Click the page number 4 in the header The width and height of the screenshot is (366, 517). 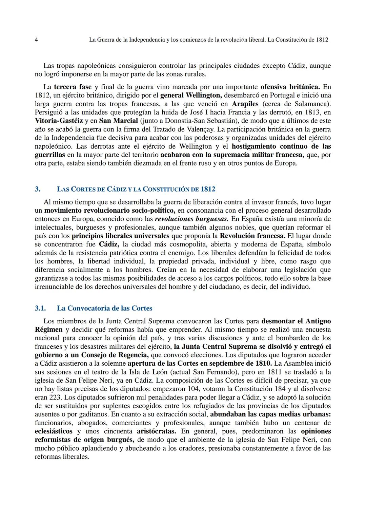(36, 40)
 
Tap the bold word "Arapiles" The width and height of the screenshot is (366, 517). (245, 104)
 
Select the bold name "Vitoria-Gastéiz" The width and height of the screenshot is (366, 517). (59, 121)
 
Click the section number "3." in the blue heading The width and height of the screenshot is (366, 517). (37, 189)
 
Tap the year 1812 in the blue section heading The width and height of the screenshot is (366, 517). (208, 189)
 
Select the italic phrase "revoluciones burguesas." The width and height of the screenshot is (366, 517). (191, 219)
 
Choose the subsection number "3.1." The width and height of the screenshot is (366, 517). (40, 308)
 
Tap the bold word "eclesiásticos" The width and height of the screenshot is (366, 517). (54, 431)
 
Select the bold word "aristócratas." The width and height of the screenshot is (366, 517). (156, 431)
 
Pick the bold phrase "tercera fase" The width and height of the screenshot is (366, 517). (73, 87)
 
